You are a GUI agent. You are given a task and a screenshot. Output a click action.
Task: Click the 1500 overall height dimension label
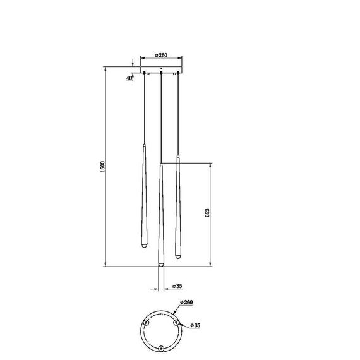click(x=102, y=167)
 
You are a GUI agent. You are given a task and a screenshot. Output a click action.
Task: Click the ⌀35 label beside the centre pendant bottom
click(x=169, y=286)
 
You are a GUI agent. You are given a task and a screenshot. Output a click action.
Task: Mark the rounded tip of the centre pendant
click(x=161, y=262)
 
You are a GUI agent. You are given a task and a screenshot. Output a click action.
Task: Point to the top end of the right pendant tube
click(x=178, y=155)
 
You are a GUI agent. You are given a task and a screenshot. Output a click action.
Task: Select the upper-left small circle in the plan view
click(x=147, y=323)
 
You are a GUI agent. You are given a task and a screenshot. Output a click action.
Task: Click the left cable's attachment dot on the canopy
click(x=145, y=75)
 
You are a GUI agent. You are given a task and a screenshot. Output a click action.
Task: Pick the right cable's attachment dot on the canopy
click(x=178, y=75)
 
